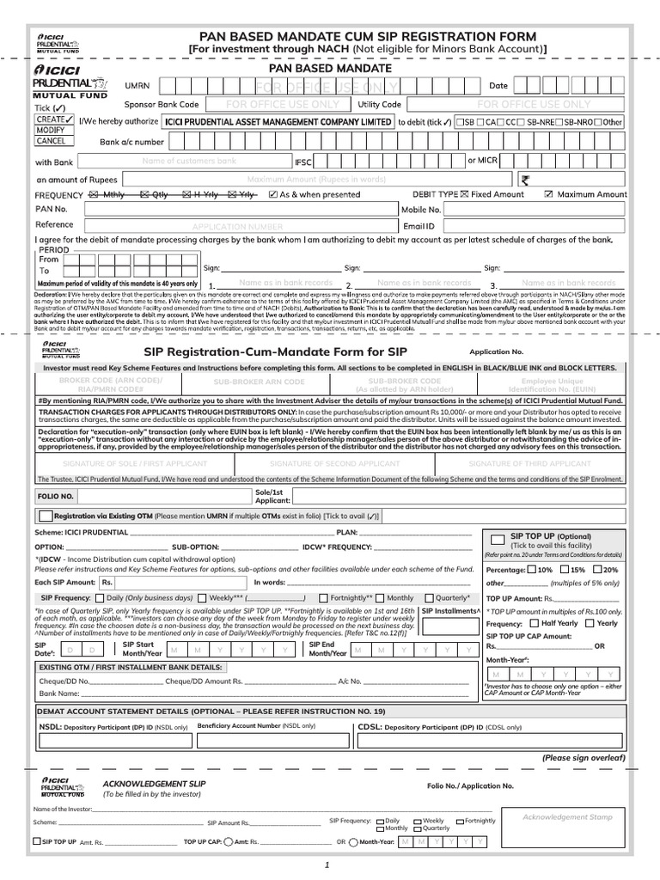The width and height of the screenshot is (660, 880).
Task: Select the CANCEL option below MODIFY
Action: (x=51, y=141)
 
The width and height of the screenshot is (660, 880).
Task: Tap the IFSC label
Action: (x=304, y=161)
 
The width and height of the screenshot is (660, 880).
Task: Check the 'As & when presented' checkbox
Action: (x=274, y=195)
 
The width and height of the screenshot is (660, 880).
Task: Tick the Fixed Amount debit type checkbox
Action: (x=465, y=195)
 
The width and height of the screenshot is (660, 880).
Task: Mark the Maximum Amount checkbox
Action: (x=549, y=195)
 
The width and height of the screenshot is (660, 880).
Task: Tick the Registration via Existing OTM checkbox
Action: (x=46, y=516)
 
